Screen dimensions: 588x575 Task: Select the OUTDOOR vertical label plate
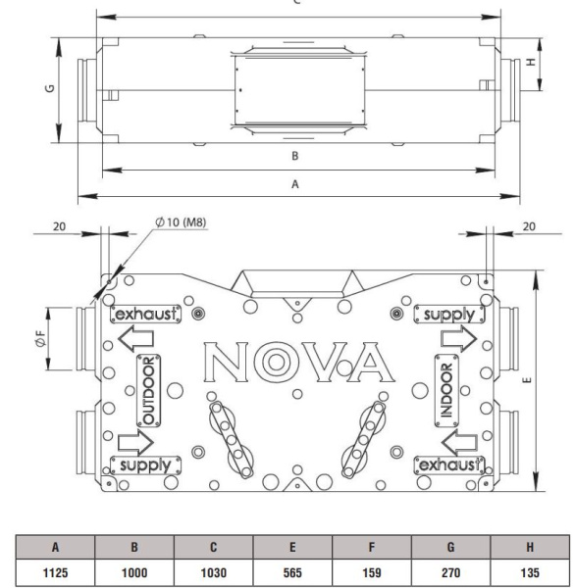tap(150, 389)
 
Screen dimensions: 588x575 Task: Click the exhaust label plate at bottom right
tap(450, 463)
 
